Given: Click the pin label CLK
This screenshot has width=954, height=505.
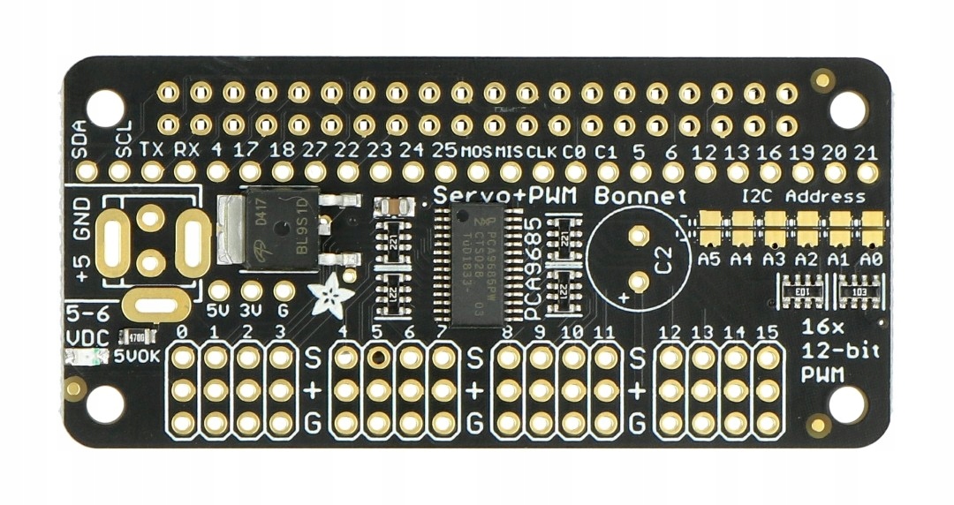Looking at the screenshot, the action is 541,150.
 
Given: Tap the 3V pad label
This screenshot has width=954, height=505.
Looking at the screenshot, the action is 251,311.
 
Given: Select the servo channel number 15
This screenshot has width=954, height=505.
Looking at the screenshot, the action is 768,332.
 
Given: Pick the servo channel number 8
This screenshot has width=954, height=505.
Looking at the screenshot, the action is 507,332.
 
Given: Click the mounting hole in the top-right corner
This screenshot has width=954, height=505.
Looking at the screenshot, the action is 848,107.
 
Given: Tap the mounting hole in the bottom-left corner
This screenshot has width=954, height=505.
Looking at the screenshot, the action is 105,403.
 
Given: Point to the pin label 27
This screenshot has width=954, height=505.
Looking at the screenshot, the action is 314,149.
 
